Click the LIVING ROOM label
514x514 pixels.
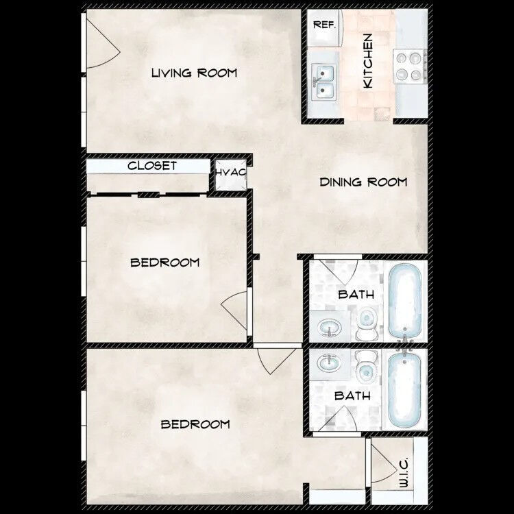click(194, 73)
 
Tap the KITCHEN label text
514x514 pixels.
click(368, 61)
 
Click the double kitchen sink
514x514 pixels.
click(323, 82)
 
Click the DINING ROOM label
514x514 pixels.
click(363, 182)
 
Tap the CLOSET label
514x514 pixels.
click(152, 166)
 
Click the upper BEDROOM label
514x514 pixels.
click(165, 262)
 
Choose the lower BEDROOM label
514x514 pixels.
click(195, 425)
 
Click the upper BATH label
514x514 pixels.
click(356, 295)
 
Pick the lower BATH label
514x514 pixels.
click(352, 396)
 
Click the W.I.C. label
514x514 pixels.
click(403, 473)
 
